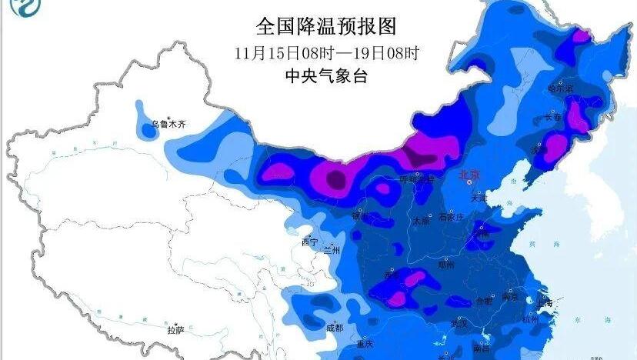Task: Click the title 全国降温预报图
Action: click(326, 28)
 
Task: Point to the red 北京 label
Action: click(469, 175)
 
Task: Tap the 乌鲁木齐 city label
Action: click(168, 123)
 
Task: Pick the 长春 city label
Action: click(553, 118)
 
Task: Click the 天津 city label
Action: click(479, 198)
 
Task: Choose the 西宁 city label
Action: click(309, 242)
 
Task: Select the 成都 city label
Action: click(335, 327)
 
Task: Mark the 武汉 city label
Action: click(459, 324)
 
